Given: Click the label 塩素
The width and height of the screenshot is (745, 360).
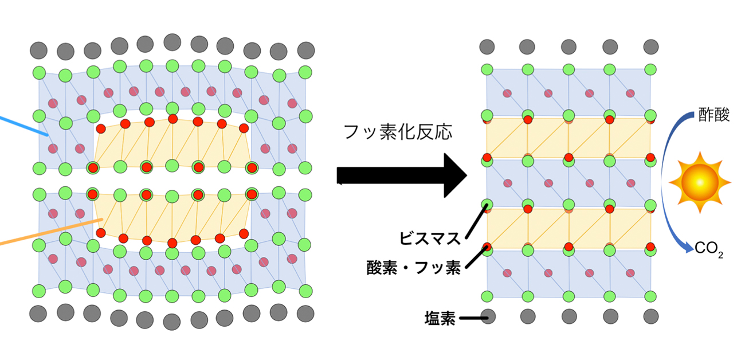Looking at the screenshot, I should click(x=440, y=318).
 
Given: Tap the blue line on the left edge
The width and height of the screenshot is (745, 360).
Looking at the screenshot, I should click(x=23, y=127).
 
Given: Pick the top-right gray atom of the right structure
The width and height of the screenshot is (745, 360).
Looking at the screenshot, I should click(x=650, y=46).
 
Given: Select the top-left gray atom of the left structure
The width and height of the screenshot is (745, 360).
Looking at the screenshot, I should click(x=39, y=49).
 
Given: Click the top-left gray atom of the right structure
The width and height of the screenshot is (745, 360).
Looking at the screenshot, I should click(x=487, y=46).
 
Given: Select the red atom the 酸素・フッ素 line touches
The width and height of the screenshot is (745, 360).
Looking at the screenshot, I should click(x=488, y=247).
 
